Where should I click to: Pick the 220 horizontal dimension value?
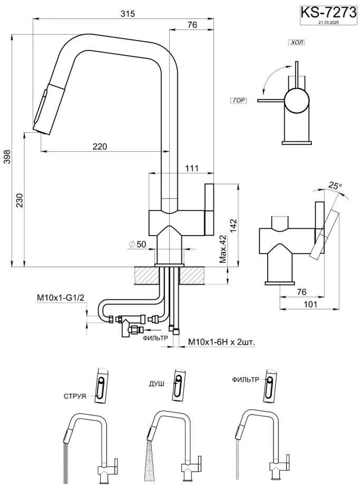[100, 147]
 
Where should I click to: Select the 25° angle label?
[335, 186]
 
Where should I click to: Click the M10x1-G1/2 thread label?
[61, 299]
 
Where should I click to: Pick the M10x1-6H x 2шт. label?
[221, 342]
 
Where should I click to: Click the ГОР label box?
[238, 100]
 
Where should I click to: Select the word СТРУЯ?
[75, 396]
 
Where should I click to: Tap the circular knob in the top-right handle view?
[297, 100]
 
